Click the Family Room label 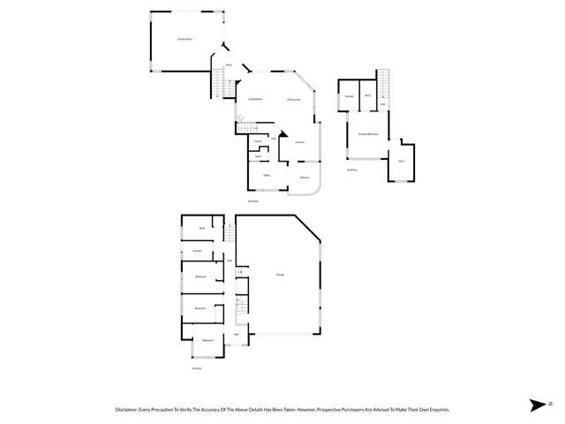click(x=185, y=40)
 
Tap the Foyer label click(x=228, y=65)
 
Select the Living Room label click(x=254, y=99)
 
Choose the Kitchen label click(x=300, y=141)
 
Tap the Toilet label click(x=258, y=157)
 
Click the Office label click(x=266, y=177)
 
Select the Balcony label click(x=305, y=178)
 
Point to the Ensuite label click(x=349, y=95)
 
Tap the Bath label click(x=201, y=228)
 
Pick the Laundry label click(x=199, y=252)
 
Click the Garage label click(x=279, y=276)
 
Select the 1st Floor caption click(x=197, y=367)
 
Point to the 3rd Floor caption click(x=351, y=169)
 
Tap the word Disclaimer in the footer click(x=128, y=410)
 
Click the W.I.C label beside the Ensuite click(x=367, y=95)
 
